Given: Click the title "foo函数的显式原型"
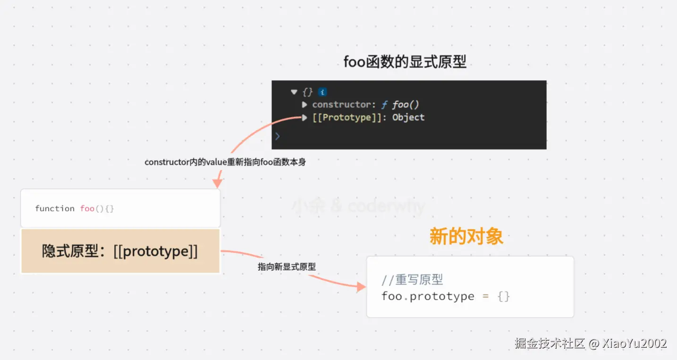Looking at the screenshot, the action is (405, 62).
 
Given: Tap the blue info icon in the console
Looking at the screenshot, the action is (322, 92).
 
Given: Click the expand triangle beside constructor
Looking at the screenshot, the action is (305, 105).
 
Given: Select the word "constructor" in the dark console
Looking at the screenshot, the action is (342, 105).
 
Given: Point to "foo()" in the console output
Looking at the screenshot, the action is (406, 105).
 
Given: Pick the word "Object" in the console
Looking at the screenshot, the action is (408, 117).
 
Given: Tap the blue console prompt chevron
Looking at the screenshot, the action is (278, 136).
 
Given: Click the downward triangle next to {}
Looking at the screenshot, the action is (294, 92).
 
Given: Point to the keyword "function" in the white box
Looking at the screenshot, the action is (55, 209).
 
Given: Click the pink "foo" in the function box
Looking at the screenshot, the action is (87, 209).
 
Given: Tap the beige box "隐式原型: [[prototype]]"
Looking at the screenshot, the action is (120, 251).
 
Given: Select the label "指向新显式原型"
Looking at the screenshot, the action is (287, 267).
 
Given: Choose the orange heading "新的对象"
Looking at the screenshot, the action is (466, 236).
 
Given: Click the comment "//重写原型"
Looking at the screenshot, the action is (412, 280).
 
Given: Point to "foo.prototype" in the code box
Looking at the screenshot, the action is (428, 296).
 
